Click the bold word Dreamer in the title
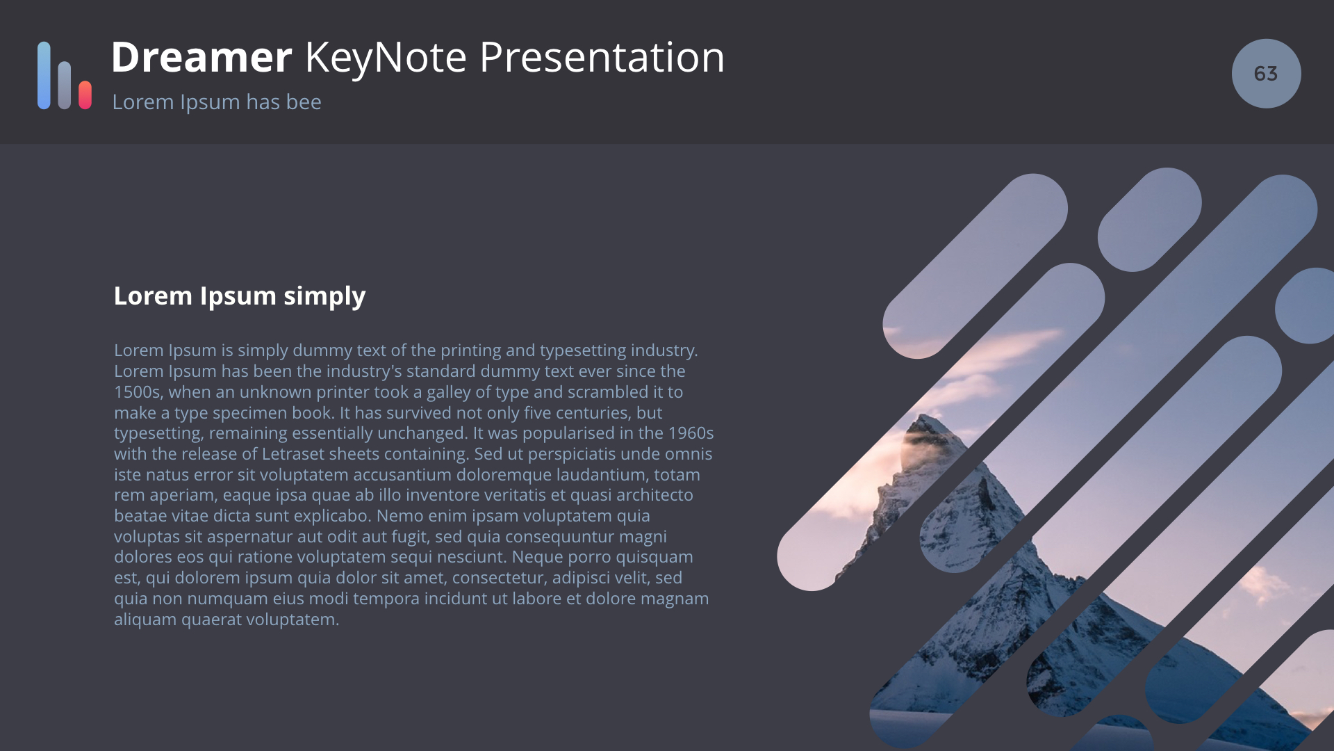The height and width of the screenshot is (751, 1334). click(201, 57)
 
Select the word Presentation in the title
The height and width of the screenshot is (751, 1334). click(602, 57)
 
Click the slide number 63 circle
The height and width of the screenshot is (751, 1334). click(1266, 73)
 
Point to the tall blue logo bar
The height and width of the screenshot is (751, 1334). click(44, 75)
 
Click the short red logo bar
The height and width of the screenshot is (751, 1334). click(85, 95)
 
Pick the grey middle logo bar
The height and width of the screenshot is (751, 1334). click(65, 85)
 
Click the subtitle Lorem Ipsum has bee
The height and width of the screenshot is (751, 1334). click(217, 102)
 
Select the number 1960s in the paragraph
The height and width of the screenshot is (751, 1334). click(691, 433)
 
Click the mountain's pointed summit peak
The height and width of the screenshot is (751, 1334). click(924, 416)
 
